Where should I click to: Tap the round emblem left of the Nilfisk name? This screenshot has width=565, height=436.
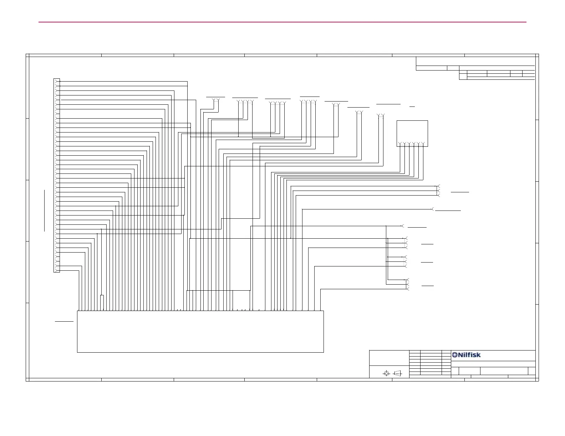455,355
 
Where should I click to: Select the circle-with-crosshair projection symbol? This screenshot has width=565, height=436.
386,373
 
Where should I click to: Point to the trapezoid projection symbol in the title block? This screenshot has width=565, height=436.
397,373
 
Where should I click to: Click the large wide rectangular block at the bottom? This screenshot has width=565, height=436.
200,331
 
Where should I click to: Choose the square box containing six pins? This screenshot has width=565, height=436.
412,133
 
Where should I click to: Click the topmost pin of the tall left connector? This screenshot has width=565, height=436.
56,81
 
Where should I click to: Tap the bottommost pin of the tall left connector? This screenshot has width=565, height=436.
56,270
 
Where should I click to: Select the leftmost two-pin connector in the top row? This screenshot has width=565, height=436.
215,100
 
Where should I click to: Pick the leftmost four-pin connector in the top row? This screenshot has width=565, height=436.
245,102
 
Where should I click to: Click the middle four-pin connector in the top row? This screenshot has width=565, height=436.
278,103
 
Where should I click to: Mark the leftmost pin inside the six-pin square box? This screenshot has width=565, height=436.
400,144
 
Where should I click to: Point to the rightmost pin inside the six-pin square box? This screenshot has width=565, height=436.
423,144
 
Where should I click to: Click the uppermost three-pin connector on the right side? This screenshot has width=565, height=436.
439,191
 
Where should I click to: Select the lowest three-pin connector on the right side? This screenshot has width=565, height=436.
408,284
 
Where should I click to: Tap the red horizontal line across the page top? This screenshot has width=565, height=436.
282,22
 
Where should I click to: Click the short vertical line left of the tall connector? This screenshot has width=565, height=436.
45,211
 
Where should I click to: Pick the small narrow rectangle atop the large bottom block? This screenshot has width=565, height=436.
102,302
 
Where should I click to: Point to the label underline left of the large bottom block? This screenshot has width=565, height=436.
64,321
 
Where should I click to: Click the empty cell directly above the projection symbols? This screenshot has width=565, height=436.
389,358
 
